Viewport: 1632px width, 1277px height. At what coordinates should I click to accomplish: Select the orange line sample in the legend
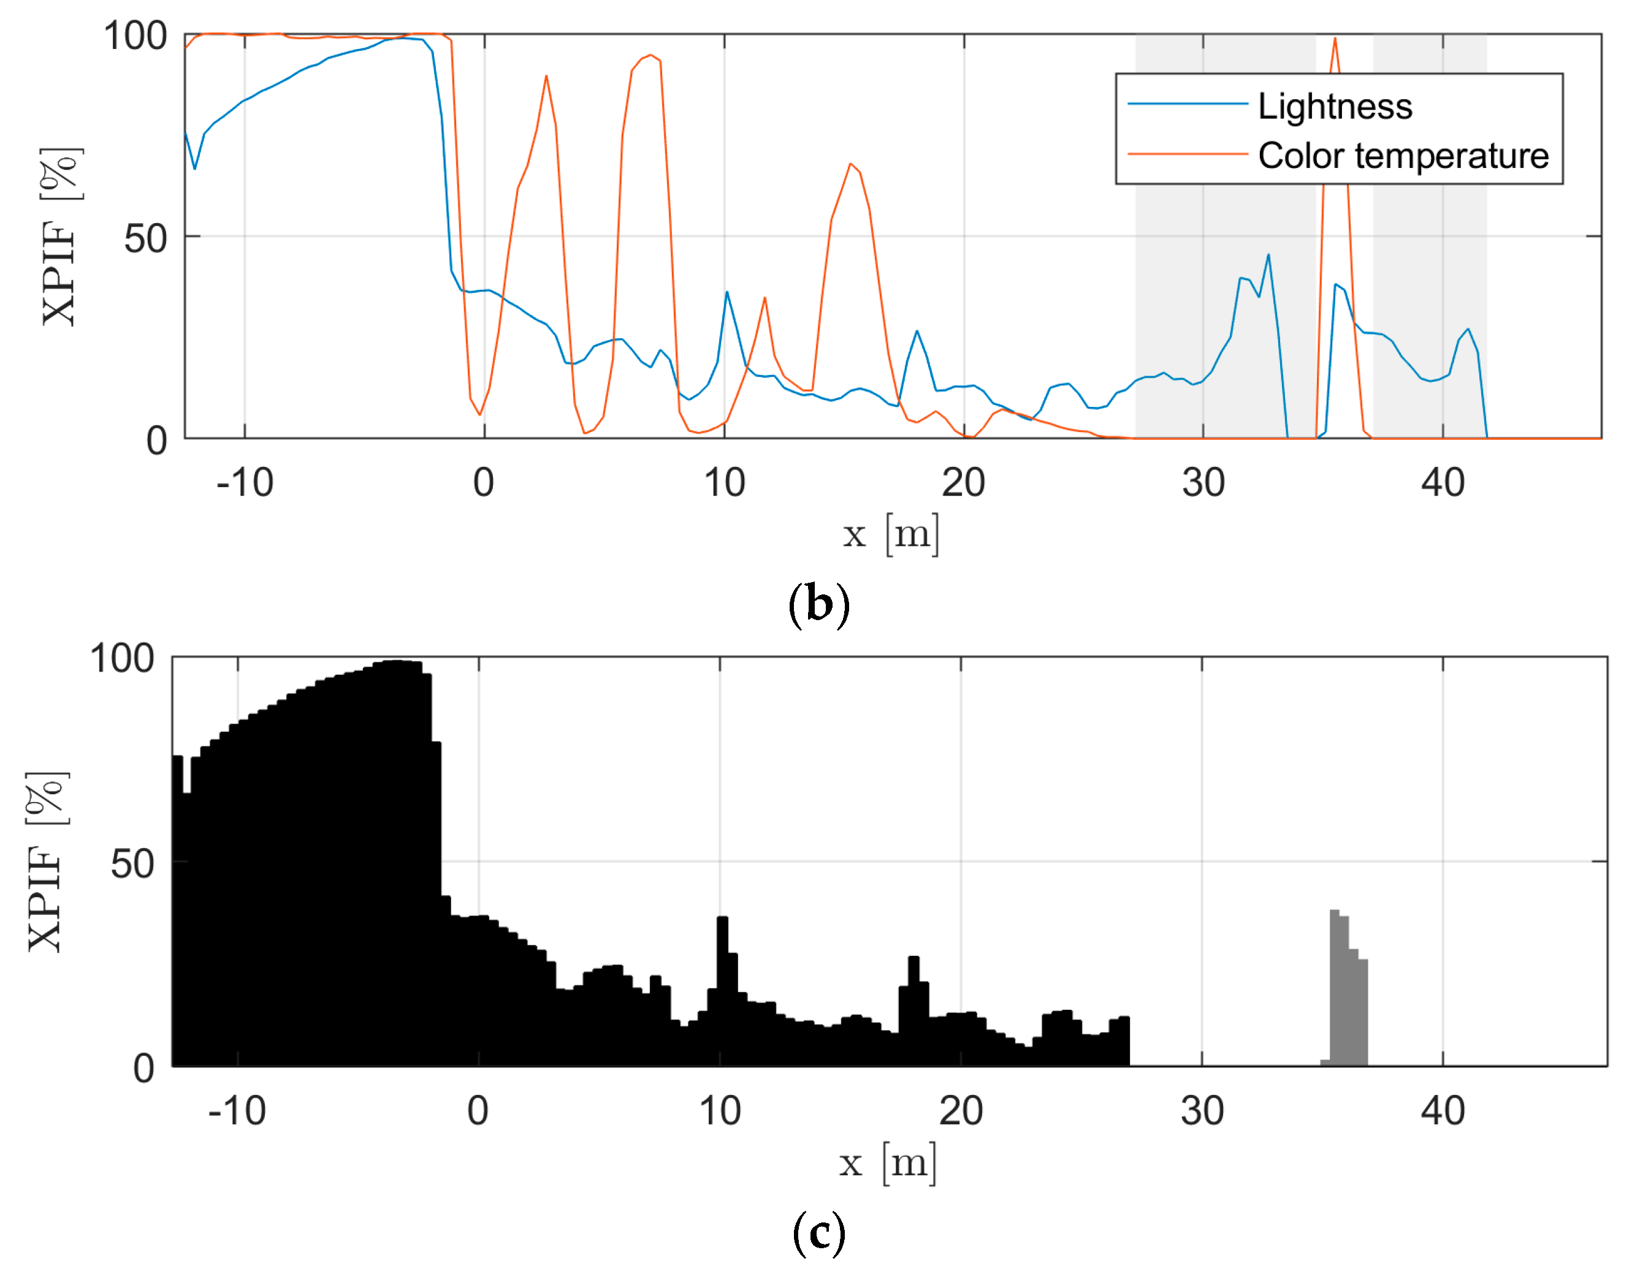click(1187, 154)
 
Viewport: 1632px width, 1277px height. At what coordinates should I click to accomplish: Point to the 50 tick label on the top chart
click(145, 238)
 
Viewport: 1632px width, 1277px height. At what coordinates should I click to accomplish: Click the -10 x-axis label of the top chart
click(245, 482)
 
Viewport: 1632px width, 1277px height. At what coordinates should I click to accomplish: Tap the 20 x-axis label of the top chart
click(963, 482)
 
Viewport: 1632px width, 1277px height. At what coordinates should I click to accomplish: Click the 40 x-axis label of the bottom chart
click(1442, 1110)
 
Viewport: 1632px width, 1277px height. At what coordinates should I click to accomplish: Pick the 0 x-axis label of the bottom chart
click(478, 1110)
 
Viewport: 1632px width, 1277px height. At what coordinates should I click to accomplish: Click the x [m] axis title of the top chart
click(890, 534)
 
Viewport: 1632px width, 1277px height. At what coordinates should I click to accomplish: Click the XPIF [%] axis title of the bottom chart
click(47, 862)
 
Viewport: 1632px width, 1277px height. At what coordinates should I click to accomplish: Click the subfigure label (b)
click(818, 604)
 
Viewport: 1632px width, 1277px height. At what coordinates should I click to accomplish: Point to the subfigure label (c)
click(818, 1232)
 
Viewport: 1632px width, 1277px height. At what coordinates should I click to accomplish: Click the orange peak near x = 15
click(850, 164)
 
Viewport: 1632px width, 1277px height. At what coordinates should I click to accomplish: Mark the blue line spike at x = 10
click(726, 293)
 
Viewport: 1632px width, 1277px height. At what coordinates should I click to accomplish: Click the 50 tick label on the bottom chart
click(132, 864)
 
